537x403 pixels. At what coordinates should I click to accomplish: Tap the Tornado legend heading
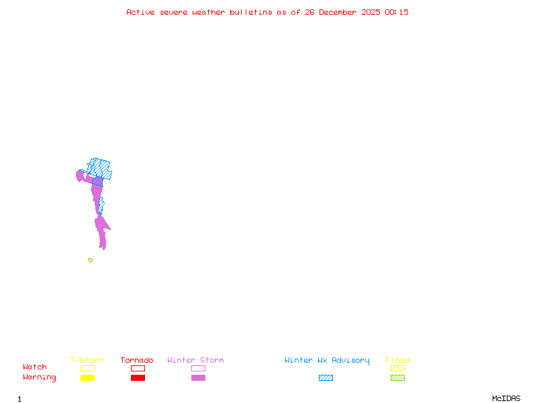[x=137, y=361]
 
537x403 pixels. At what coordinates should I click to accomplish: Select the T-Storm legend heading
[x=87, y=361]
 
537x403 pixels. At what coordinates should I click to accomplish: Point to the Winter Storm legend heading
[x=195, y=361]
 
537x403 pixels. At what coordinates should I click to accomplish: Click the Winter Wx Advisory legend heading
[x=327, y=361]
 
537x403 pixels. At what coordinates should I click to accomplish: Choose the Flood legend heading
[x=397, y=361]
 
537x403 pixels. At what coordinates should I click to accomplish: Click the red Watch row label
[x=35, y=367]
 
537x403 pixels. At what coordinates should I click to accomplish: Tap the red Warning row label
[x=40, y=377]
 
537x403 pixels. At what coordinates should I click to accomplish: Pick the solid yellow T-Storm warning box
[x=87, y=377]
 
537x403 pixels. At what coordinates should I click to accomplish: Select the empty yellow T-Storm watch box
[x=87, y=368]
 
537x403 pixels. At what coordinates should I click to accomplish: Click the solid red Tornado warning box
[x=138, y=377]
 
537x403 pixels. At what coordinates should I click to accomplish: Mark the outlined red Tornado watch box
[x=138, y=368]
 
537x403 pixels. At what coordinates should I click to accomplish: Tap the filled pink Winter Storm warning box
[x=198, y=377]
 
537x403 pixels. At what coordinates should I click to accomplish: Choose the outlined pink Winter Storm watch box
[x=198, y=368]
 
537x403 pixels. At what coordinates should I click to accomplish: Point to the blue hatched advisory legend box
[x=326, y=377]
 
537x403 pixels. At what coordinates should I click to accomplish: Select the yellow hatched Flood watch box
[x=397, y=368]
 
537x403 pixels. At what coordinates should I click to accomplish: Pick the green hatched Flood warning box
[x=397, y=377]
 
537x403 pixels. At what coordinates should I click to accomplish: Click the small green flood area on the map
[x=90, y=260]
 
